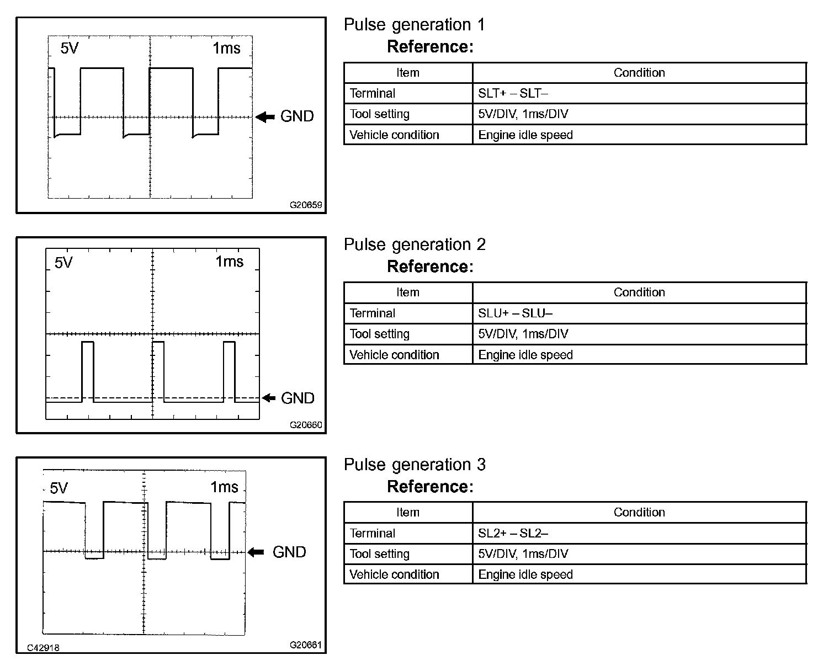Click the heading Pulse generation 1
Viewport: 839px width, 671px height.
(414, 25)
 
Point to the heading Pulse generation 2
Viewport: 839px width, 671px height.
(414, 244)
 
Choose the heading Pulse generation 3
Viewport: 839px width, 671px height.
(414, 465)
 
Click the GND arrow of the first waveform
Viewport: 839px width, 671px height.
(265, 116)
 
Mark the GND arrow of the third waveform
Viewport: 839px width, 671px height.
(256, 552)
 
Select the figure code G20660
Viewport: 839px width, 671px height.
(306, 425)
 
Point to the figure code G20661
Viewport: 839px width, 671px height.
(306, 645)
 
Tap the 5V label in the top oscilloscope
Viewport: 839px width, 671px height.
(70, 49)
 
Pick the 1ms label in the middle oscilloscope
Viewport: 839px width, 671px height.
(229, 261)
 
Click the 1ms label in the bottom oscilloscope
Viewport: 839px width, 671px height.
(224, 487)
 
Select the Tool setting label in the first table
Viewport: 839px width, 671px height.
(379, 114)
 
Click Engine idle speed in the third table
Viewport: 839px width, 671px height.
(525, 574)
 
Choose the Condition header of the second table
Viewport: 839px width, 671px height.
(639, 292)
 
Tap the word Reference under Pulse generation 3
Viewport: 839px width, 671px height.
(430, 487)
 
